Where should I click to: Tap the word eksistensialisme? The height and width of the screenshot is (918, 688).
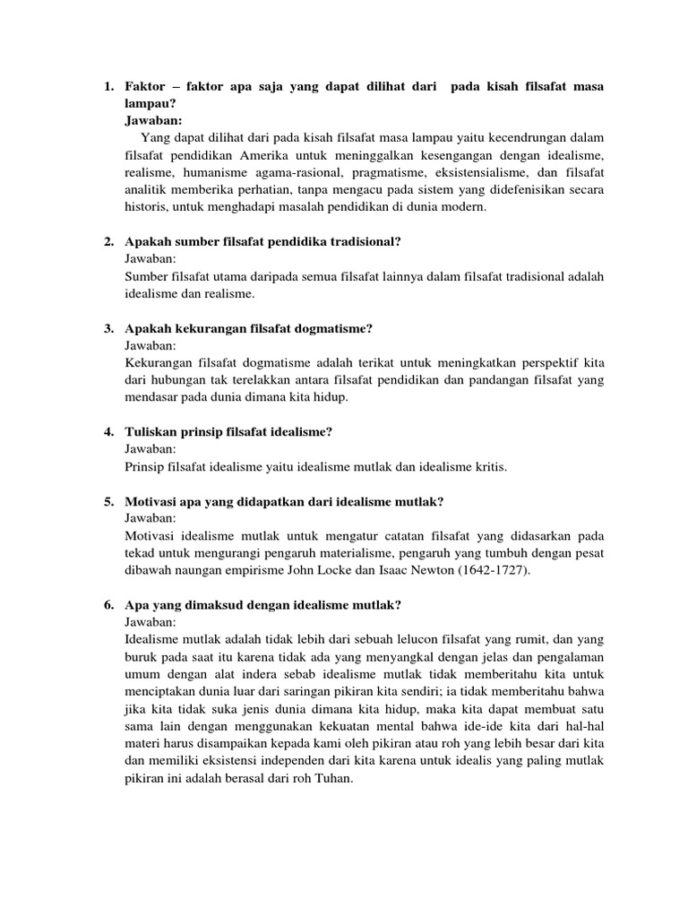tap(494, 172)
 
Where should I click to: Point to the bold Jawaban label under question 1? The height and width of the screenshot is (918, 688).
tap(153, 120)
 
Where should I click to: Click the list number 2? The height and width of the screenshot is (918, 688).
tap(108, 242)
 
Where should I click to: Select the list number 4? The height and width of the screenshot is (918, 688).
tap(108, 433)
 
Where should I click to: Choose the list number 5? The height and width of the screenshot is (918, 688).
tap(108, 501)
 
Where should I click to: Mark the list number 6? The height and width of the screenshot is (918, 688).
tap(108, 605)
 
